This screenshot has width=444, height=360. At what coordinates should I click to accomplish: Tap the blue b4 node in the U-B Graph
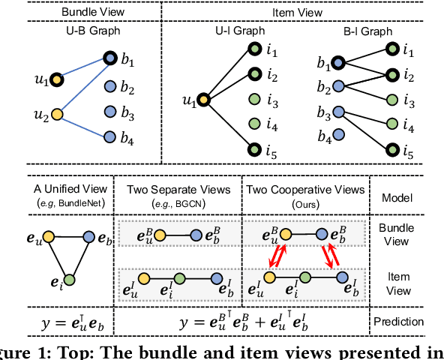(110, 137)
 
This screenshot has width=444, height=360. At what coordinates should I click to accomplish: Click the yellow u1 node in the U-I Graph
(203, 99)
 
